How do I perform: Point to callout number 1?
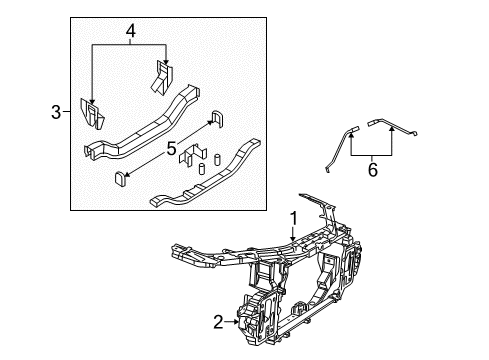point(294,219)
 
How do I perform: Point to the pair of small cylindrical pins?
point(202,168)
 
